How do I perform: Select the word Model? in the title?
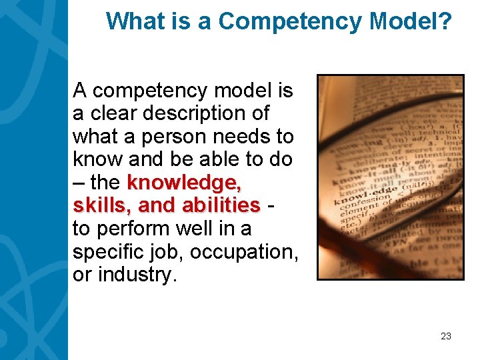tap(409, 21)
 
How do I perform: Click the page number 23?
tap(446, 336)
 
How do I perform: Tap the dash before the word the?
tap(79, 182)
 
